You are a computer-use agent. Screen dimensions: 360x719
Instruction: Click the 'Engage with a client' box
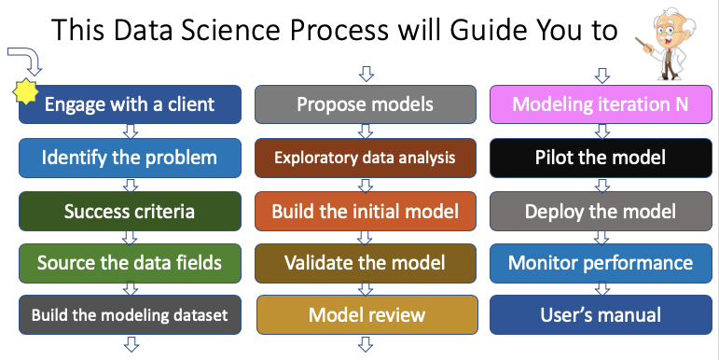click(x=130, y=104)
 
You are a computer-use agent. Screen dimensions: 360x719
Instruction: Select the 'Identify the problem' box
click(x=130, y=158)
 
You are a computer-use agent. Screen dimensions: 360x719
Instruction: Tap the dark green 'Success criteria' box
click(x=130, y=211)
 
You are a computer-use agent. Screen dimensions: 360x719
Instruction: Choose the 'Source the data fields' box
click(x=130, y=263)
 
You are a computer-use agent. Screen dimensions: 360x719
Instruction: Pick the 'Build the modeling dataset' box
click(x=130, y=314)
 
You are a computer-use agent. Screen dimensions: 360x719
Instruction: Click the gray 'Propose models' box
click(x=365, y=104)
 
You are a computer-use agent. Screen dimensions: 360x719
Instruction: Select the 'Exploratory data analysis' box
click(x=365, y=158)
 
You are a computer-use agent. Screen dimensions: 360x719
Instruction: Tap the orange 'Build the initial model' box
click(x=365, y=211)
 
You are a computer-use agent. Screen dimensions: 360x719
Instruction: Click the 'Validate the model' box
click(x=365, y=263)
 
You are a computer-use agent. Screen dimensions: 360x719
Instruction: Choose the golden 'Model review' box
click(x=365, y=314)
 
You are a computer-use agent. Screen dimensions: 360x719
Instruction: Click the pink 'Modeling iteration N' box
click(x=601, y=104)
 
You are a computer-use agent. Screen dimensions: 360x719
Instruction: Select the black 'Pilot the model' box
click(x=601, y=158)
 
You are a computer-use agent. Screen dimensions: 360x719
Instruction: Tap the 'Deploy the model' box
click(x=601, y=211)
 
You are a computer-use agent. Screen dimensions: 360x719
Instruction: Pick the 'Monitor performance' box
click(x=601, y=263)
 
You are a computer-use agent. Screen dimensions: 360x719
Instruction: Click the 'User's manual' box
click(x=601, y=314)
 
